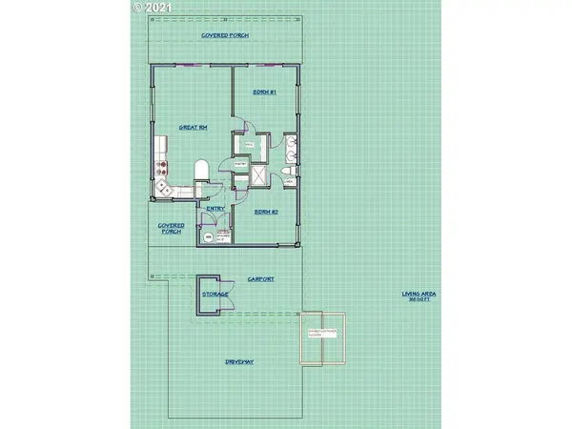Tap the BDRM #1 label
click(264, 92)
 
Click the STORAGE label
click(214, 296)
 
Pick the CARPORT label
click(261, 279)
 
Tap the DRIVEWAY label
click(238, 362)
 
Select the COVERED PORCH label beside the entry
click(171, 230)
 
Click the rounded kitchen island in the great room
click(200, 172)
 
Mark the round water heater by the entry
click(204, 238)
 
